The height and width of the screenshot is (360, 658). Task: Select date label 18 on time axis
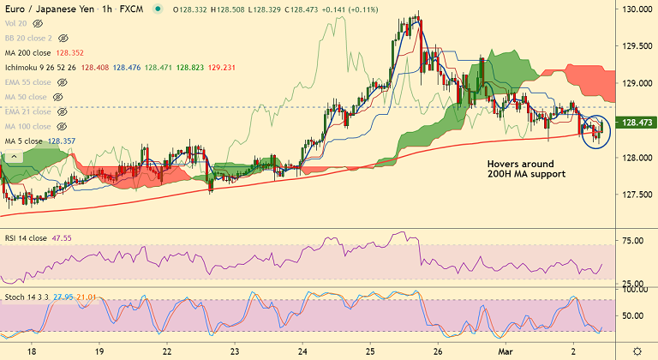click(33, 351)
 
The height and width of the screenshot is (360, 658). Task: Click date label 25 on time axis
click(369, 351)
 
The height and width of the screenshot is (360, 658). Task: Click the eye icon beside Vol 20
click(38, 24)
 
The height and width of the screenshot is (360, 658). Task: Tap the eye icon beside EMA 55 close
click(62, 82)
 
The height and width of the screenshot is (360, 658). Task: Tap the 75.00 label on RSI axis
click(633, 242)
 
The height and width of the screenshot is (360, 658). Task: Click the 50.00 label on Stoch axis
click(633, 315)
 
